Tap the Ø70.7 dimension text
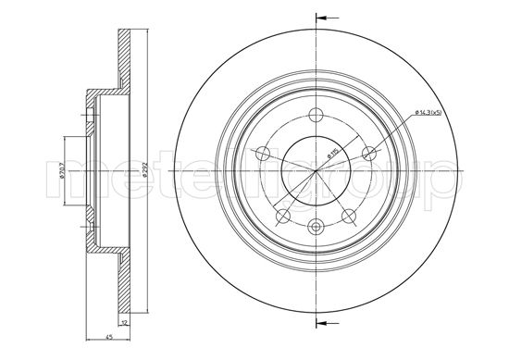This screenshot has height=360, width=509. pyautogui.click(x=63, y=170)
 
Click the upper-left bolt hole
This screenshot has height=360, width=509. pyautogui.click(x=263, y=154)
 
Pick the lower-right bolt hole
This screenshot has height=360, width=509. pyautogui.click(x=349, y=215)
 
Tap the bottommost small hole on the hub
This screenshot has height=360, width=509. pyautogui.click(x=316, y=225)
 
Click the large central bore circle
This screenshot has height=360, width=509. pyautogui.click(x=316, y=170)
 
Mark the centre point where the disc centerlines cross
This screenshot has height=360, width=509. pyautogui.click(x=316, y=170)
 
